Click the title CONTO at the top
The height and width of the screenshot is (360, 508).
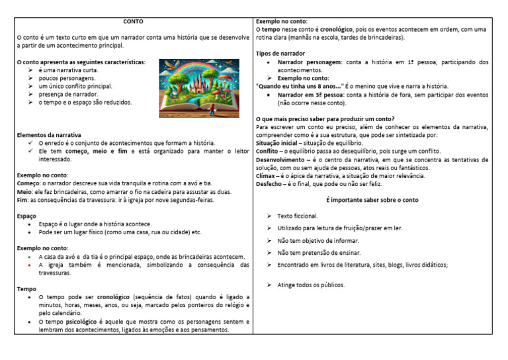[133, 22]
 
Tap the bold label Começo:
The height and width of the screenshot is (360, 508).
[28, 183]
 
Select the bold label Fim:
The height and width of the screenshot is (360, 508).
[22, 200]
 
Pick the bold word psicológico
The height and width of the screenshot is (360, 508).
[86, 322]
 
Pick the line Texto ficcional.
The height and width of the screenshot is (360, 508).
[298, 216]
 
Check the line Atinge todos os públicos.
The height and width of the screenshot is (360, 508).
[311, 285]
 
